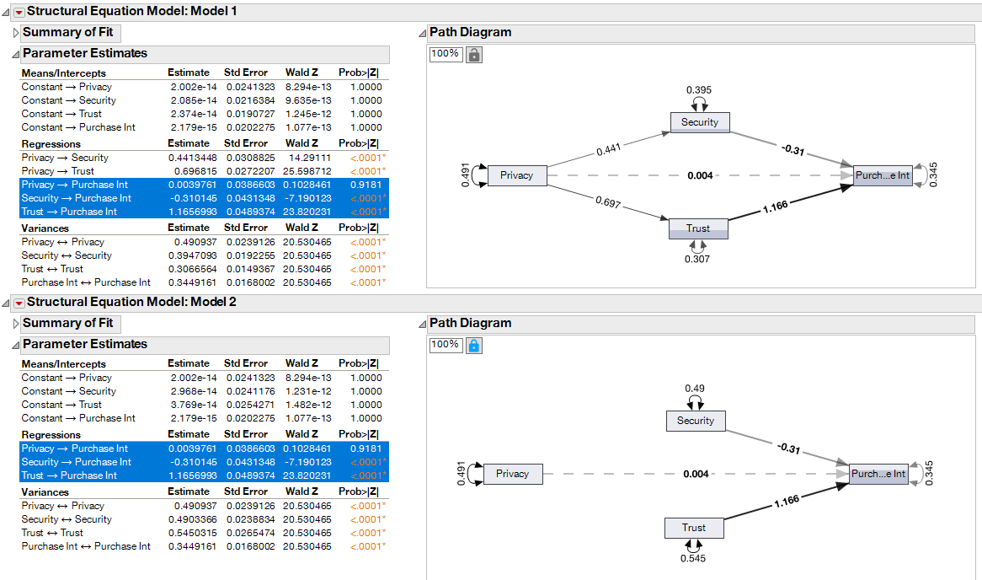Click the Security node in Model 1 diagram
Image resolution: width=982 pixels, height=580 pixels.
pyautogui.click(x=700, y=122)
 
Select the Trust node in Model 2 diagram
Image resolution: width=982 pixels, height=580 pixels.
pyautogui.click(x=694, y=529)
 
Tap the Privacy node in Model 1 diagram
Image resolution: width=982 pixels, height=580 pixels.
pyautogui.click(x=516, y=175)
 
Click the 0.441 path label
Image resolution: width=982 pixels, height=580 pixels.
pyautogui.click(x=611, y=150)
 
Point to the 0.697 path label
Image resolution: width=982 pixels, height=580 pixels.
pyautogui.click(x=609, y=202)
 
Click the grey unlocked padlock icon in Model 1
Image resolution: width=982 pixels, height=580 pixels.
pyautogui.click(x=474, y=54)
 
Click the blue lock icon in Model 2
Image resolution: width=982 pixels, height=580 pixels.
pyautogui.click(x=474, y=345)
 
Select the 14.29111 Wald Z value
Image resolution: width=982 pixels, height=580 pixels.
pyautogui.click(x=308, y=158)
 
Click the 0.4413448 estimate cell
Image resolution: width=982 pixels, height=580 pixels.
pyautogui.click(x=191, y=158)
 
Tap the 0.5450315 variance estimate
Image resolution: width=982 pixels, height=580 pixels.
pyautogui.click(x=191, y=533)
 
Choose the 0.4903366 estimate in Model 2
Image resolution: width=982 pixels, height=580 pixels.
pyautogui.click(x=191, y=519)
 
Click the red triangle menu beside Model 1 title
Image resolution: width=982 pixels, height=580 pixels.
pyautogui.click(x=19, y=12)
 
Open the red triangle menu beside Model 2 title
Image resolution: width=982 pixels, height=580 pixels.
pyautogui.click(x=19, y=303)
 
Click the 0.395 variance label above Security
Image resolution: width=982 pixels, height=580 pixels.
pyautogui.click(x=699, y=90)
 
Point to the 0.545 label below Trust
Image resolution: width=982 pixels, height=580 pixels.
pyautogui.click(x=693, y=558)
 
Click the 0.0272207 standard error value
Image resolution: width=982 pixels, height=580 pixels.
pyautogui.click(x=250, y=171)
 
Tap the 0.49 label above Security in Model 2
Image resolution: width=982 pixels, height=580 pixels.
pyautogui.click(x=695, y=389)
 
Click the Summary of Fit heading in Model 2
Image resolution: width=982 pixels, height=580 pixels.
pyautogui.click(x=67, y=323)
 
